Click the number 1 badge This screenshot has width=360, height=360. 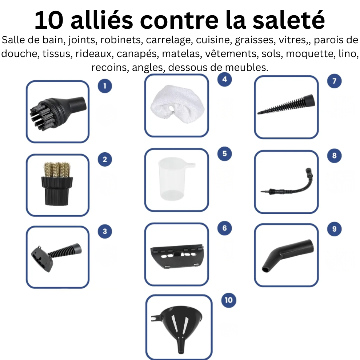click(105, 86)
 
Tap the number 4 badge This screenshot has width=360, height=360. click(224, 79)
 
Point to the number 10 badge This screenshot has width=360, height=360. click(228, 300)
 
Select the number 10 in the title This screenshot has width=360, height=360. click(50, 20)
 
